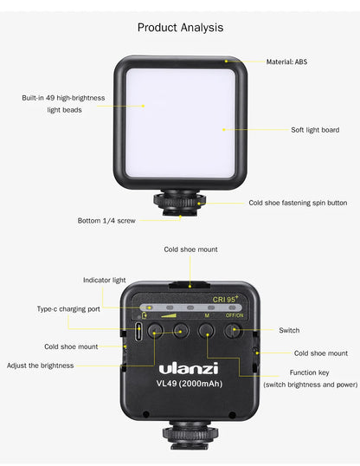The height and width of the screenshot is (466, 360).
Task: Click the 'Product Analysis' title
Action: (180, 28)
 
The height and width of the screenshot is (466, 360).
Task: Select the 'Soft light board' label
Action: (314, 130)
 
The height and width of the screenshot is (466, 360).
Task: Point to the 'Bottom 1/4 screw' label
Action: (107, 221)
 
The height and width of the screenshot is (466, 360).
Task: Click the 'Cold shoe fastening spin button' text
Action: (298, 203)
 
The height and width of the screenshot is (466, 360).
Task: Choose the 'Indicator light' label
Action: (104, 280)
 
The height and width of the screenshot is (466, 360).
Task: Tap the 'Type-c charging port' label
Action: (68, 308)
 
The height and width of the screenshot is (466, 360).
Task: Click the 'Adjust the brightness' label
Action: (42, 366)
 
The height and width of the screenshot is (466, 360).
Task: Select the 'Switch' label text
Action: (289, 330)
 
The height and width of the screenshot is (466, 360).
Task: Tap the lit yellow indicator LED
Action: (149, 307)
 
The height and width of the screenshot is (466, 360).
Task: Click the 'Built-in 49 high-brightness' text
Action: (63, 98)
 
